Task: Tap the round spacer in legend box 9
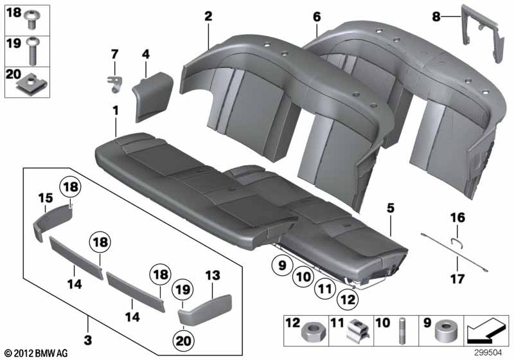445,331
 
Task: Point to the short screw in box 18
33,19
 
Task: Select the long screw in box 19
33,51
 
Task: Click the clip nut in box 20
31,83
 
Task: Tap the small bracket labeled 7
115,84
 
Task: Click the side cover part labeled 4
152,96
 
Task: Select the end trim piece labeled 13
205,310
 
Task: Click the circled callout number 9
282,265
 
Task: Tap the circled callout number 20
183,341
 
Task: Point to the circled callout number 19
182,289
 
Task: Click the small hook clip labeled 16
457,243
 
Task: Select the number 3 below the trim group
88,340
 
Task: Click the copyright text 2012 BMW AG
37,354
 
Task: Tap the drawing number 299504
488,353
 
